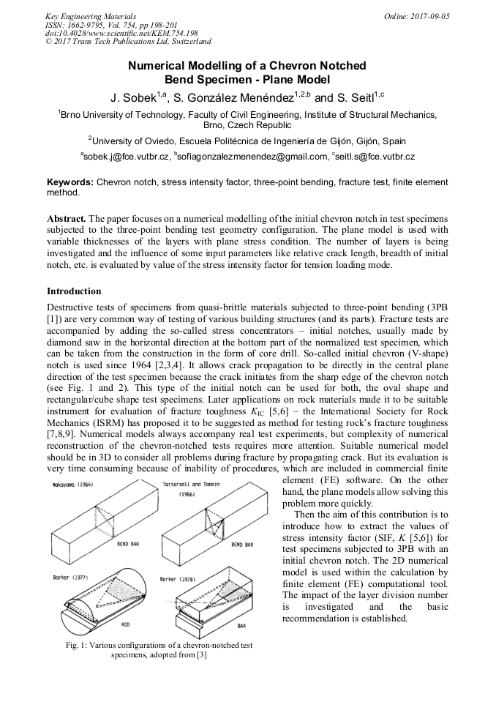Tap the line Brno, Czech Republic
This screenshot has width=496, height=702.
[x=247, y=125]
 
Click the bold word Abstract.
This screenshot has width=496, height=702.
[x=67, y=219]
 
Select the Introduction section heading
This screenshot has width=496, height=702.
[x=74, y=291]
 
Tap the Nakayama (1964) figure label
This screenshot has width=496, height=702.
[x=72, y=485]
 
